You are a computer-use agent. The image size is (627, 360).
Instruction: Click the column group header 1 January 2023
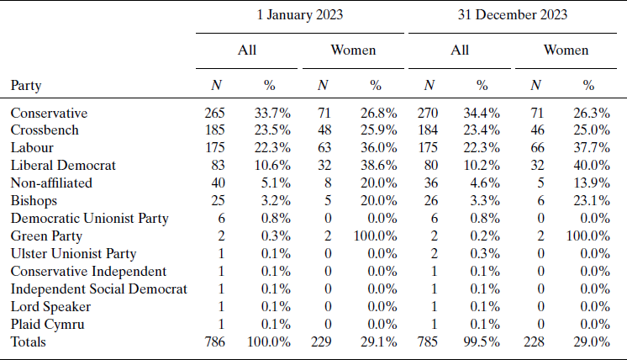point(300,14)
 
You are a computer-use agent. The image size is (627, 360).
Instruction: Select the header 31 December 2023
point(513,14)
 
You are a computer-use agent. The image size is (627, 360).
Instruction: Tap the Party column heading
point(26,85)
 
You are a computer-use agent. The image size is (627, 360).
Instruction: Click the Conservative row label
point(49,113)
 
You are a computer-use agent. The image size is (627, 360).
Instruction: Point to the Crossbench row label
point(45,130)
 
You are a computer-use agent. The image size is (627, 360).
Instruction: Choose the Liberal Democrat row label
point(63,165)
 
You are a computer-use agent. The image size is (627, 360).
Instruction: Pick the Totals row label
point(29,341)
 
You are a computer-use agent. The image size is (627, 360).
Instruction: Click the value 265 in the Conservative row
point(216,113)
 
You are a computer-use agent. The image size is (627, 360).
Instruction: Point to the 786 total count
point(216,341)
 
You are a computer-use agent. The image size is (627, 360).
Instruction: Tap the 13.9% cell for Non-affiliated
point(588,183)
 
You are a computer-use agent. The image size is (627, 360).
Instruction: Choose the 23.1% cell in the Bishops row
point(588,200)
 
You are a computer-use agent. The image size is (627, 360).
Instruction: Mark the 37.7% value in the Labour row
point(588,147)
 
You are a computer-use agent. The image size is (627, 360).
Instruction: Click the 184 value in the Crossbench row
point(429,130)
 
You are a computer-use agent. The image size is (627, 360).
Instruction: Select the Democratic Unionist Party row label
point(90,218)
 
